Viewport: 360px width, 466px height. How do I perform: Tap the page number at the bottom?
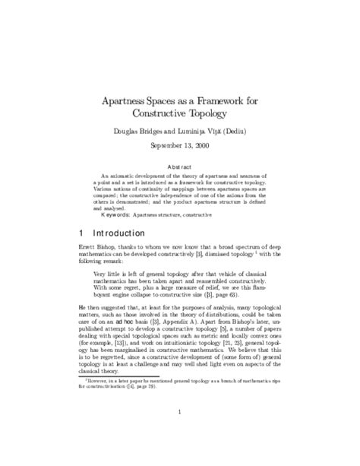pyautogui.click(x=179, y=454)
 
